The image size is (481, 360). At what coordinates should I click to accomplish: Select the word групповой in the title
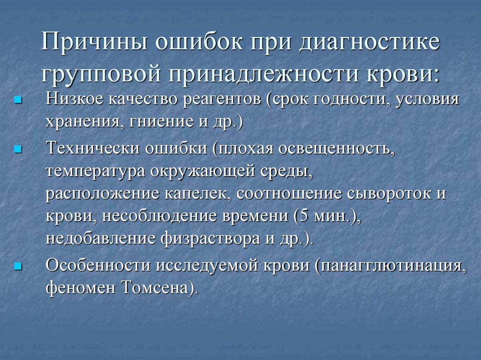tap(100, 74)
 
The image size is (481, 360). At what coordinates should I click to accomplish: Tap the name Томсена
tap(158, 287)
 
